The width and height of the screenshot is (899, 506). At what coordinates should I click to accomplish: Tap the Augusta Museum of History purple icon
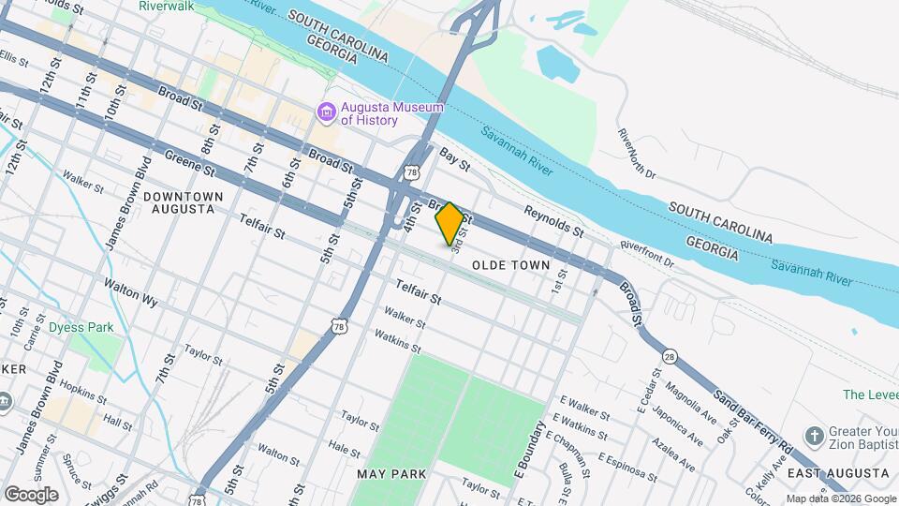pos(326,114)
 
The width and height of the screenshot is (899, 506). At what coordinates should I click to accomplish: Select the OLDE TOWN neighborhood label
pos(510,265)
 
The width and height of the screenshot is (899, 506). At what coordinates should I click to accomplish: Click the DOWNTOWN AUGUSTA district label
pos(184,202)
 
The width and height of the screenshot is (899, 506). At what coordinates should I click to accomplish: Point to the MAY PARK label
pos(391,474)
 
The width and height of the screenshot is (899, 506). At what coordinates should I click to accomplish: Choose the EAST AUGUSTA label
pos(836,474)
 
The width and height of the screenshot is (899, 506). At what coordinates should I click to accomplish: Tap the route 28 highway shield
pos(670,356)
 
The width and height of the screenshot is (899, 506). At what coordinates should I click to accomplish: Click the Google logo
pos(31,494)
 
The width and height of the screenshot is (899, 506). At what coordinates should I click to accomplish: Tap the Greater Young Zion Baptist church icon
pos(813,436)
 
